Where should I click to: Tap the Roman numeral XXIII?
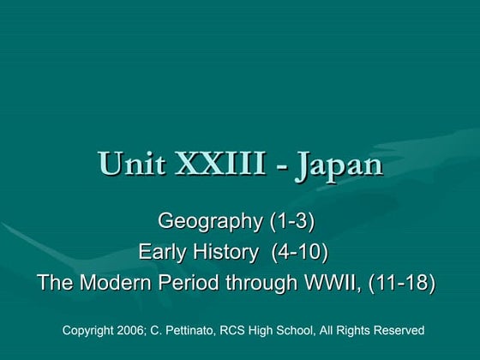pyautogui.click(x=219, y=164)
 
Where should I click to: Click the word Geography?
pyautogui.click(x=209, y=222)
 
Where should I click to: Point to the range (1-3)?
pyautogui.click(x=291, y=222)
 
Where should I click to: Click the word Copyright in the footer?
pyautogui.click(x=92, y=330)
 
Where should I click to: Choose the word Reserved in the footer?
pyautogui.click(x=398, y=330)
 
